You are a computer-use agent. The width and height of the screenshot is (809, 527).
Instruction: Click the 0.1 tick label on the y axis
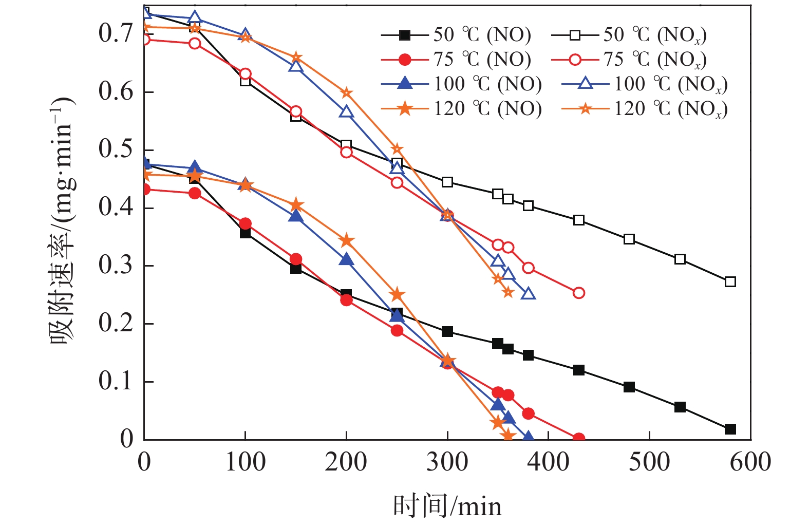pos(116,382)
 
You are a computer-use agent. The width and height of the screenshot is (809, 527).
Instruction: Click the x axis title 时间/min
pos(447,506)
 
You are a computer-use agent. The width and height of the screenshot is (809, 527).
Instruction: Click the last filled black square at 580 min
pos(730,429)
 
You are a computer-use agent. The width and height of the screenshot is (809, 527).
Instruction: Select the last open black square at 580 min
pos(730,281)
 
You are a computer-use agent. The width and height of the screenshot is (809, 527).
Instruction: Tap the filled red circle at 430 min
pos(578,439)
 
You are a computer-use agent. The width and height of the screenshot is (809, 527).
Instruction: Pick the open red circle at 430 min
pos(578,293)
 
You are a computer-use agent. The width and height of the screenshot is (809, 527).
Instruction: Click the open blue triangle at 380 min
pos(528,294)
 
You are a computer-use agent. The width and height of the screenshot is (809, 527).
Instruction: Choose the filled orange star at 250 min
pos(397,295)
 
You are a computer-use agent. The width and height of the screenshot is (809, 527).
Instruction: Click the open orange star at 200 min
pos(346,93)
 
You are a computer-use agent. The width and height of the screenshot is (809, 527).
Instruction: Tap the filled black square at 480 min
pos(629,387)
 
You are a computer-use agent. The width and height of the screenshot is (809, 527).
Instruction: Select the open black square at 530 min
pos(680,259)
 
